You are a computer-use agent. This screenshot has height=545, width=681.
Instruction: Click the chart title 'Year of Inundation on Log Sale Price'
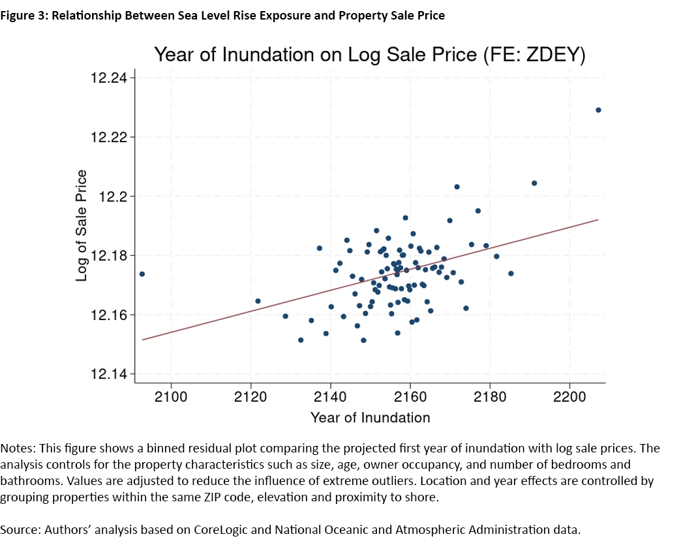tap(369, 55)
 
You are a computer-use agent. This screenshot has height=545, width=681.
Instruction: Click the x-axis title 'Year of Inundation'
tap(370, 418)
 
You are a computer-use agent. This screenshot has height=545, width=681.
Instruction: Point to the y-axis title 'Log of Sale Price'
tap(82, 226)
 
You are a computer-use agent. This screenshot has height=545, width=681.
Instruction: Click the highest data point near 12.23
tap(598, 110)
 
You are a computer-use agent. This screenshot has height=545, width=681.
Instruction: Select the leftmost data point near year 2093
tap(142, 274)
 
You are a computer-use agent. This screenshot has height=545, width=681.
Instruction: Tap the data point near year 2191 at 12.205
tap(534, 183)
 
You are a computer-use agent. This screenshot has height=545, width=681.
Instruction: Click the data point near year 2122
tap(258, 301)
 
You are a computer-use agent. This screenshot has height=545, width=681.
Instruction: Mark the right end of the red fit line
tap(598, 220)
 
